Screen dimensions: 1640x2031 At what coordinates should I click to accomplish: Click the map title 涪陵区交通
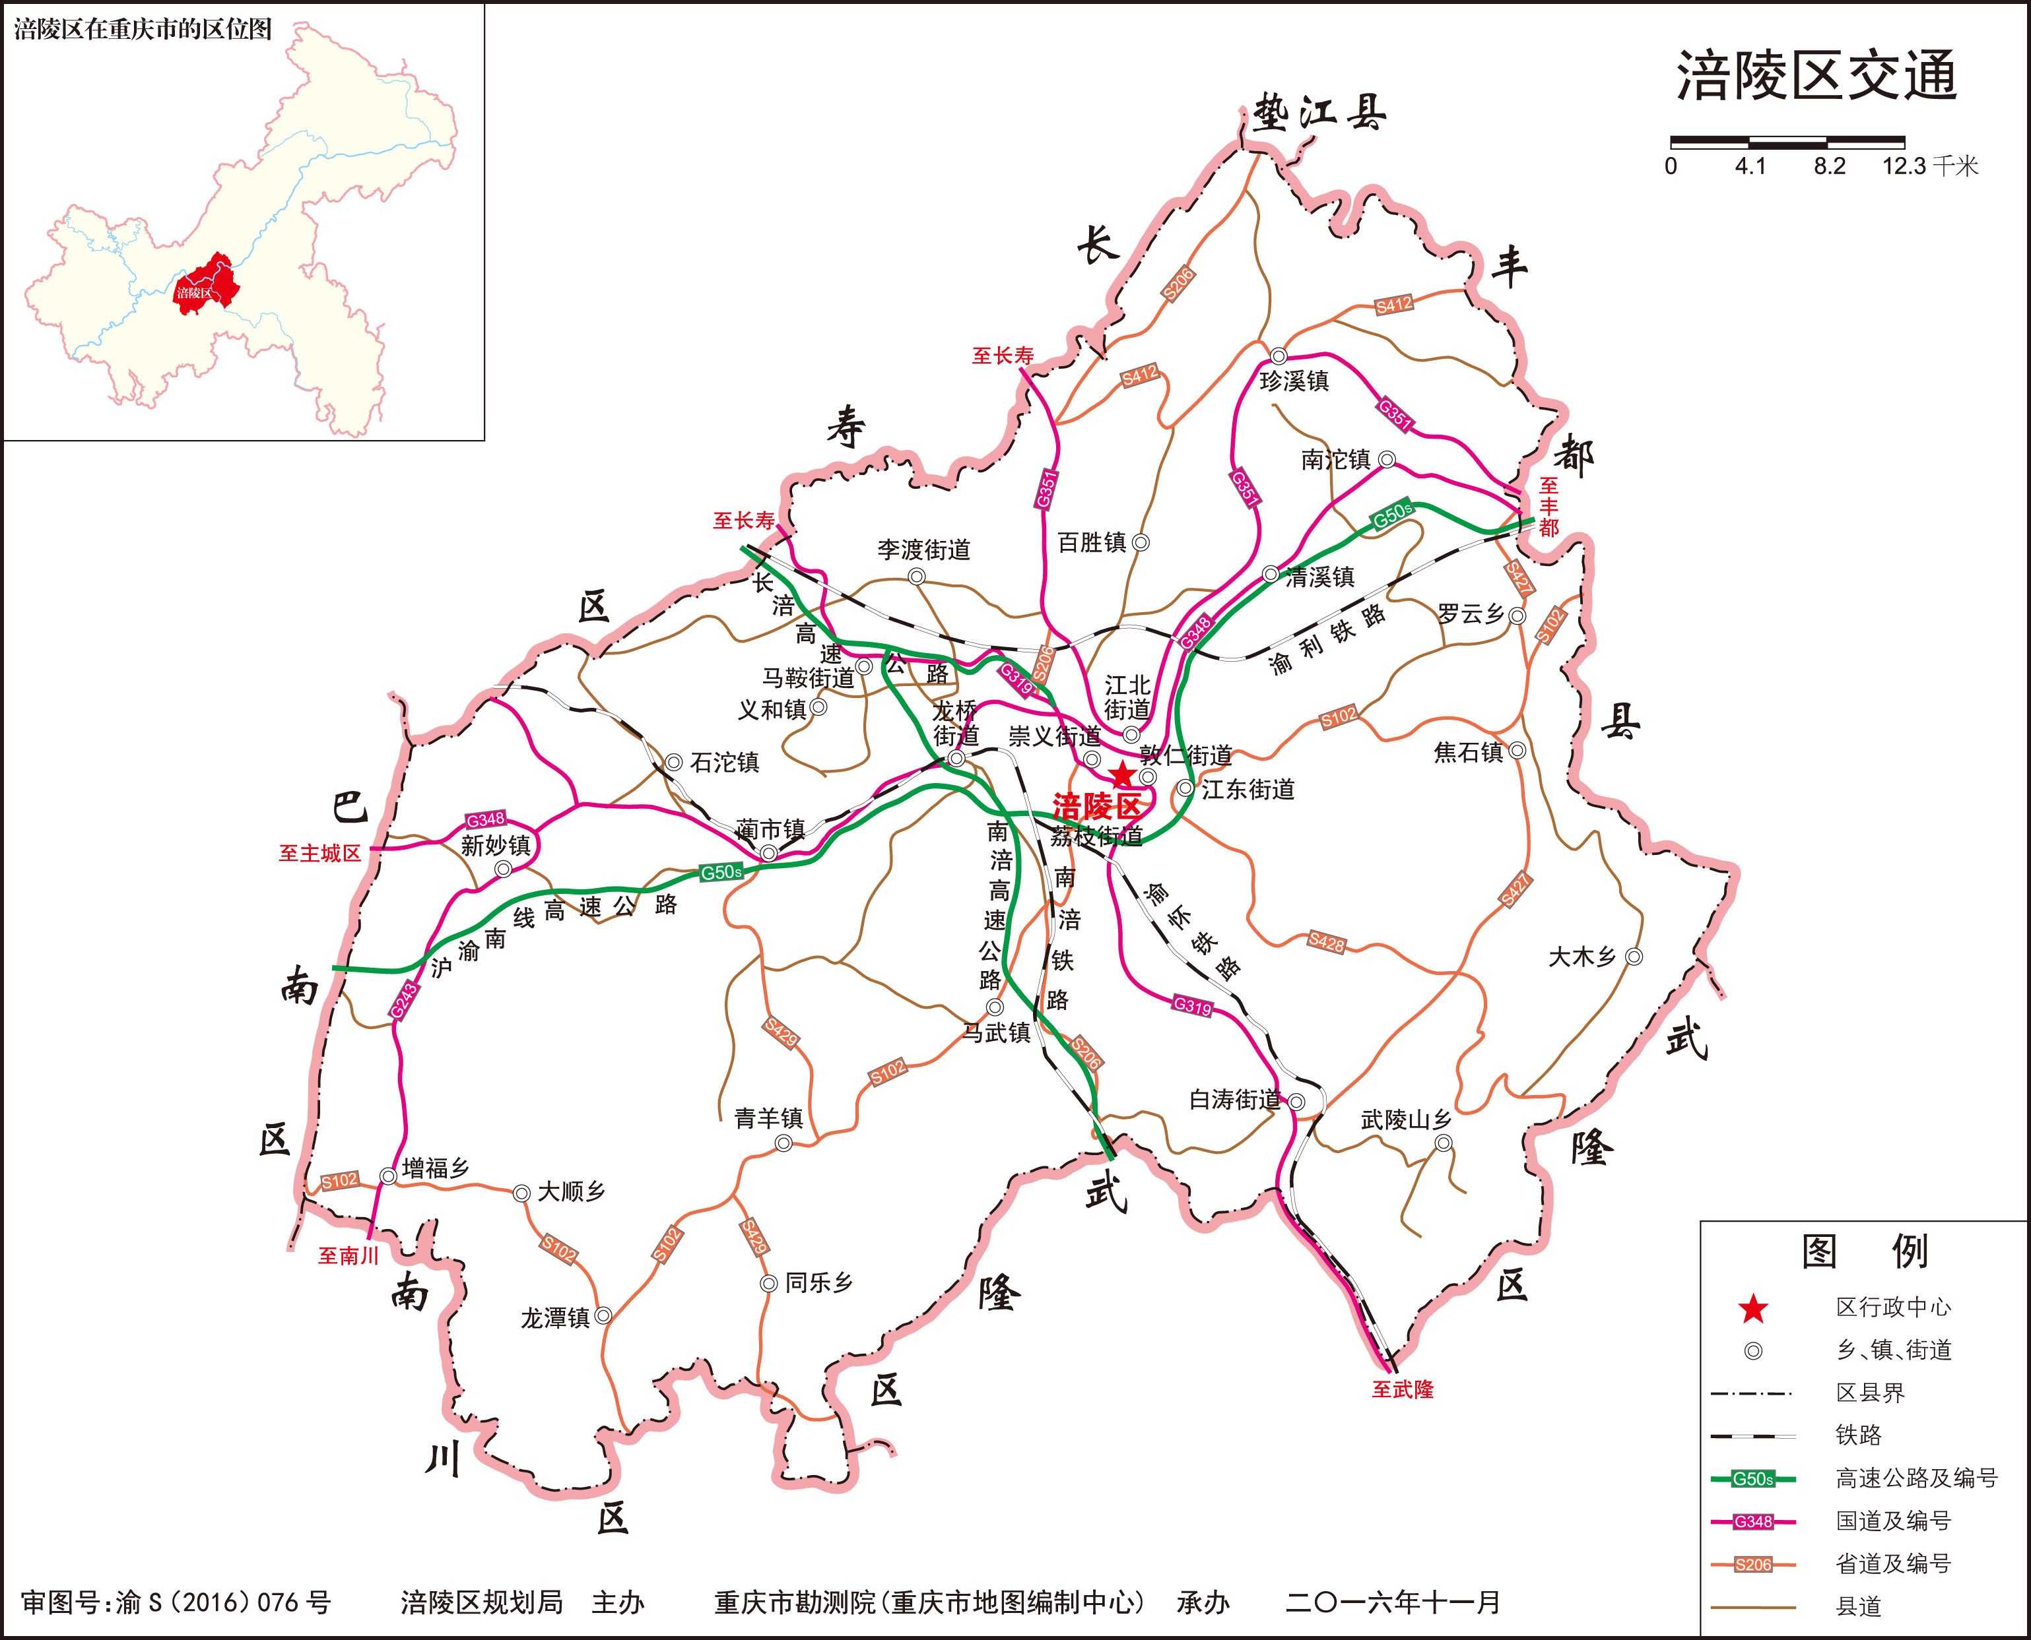click(x=1816, y=77)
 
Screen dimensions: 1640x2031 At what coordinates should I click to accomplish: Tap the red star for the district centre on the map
click(x=1122, y=776)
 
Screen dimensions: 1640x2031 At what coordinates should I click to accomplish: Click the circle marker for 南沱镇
click(x=1386, y=459)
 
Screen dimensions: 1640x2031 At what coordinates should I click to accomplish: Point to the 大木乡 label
click(x=1581, y=957)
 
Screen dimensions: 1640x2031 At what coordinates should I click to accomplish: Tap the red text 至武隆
click(x=1403, y=1390)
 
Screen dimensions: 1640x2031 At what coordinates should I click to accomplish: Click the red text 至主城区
click(x=319, y=853)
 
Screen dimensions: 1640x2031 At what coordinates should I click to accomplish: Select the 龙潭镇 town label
click(x=554, y=1318)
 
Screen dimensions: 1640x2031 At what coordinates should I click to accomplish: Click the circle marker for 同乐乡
click(x=768, y=1284)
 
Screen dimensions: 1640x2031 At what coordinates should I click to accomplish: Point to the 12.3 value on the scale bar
click(x=1904, y=166)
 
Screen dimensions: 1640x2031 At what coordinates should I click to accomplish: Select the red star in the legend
click(x=1753, y=1308)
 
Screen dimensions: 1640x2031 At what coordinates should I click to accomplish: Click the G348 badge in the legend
click(x=1753, y=1522)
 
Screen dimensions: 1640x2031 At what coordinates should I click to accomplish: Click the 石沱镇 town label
click(x=724, y=761)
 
